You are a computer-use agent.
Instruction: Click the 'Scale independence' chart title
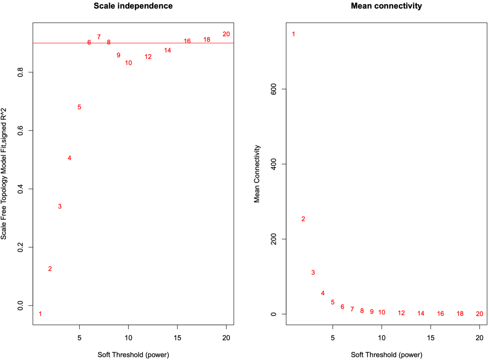[133, 6]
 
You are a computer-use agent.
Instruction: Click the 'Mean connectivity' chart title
[386, 6]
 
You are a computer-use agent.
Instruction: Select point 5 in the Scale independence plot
[79, 107]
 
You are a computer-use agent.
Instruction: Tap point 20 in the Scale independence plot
[226, 34]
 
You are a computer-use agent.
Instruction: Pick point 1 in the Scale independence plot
[40, 314]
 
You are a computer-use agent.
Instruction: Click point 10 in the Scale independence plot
[129, 63]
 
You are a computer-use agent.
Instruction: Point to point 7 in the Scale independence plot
[99, 37]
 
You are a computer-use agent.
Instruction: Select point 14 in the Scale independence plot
[168, 50]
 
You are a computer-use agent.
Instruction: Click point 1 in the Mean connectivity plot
[293, 34]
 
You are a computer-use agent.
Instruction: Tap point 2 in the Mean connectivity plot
[303, 219]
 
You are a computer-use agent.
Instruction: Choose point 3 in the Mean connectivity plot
[313, 273]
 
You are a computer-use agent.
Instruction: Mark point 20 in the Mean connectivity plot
[480, 314]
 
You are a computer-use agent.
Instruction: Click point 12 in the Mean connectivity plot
[401, 313]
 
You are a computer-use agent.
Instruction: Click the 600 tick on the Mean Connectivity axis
[273, 89]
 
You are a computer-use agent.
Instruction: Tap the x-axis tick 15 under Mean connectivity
[431, 337]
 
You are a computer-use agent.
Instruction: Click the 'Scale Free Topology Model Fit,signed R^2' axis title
[4, 174]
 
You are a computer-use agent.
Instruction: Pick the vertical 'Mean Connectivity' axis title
[257, 174]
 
